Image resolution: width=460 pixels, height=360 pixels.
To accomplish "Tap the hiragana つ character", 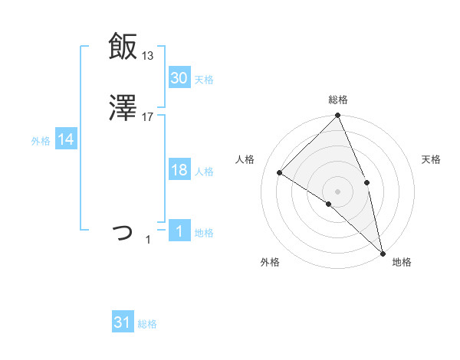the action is pos(123,231).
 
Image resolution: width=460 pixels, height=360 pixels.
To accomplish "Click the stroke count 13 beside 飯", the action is pos(147,55).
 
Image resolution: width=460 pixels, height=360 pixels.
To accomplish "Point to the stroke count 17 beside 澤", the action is pos(148,117).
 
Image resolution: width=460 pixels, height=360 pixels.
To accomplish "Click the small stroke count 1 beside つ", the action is pos(148,240).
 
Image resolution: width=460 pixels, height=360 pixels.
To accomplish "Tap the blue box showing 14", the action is pos(66,139).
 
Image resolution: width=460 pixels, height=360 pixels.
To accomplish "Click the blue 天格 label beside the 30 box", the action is pos(204,80).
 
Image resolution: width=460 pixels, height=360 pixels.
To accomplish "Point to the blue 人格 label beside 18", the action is pos(204,172).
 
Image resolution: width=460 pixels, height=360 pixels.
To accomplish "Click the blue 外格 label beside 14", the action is pos(41,141).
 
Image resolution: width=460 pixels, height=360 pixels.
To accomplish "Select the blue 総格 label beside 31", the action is pos(147,325).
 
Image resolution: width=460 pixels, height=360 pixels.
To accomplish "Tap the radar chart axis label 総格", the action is pos(338,100).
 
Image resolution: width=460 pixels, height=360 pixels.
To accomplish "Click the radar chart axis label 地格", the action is pos(402,263).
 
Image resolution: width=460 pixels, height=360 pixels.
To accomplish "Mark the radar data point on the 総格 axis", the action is pos(337,116).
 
